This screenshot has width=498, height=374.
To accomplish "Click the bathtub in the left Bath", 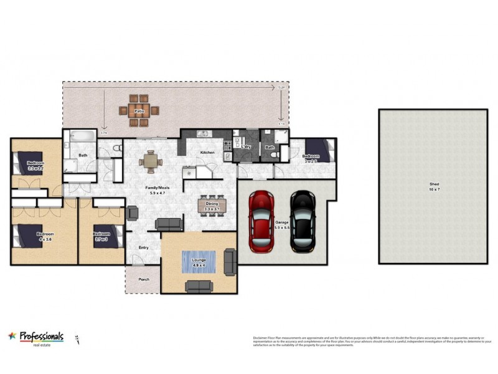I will [x=78, y=137].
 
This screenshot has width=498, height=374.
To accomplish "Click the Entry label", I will [x=144, y=247].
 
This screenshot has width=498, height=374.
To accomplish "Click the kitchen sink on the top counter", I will [x=202, y=133].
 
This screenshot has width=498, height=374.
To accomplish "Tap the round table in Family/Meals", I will [x=149, y=161].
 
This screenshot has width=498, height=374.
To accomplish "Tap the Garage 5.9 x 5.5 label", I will [x=281, y=226].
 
